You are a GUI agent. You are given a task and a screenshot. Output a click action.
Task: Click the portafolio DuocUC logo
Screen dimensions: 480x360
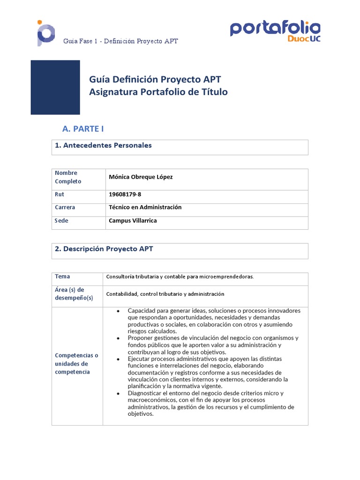point(275,31)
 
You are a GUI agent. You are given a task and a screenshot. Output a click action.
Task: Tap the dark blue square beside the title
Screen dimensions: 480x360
point(55,87)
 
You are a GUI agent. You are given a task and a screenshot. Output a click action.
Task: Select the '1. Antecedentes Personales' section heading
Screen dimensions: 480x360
point(103,145)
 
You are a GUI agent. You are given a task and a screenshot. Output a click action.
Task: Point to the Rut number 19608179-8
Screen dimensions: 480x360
point(125,195)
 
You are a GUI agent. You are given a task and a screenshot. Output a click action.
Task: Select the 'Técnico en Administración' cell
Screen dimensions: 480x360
point(145,207)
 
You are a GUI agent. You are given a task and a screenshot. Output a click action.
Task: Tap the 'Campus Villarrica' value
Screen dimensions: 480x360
point(133,221)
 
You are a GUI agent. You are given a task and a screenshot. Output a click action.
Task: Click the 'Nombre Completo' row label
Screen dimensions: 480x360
point(68,177)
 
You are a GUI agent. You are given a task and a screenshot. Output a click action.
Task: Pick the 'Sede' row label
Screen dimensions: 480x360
point(61,221)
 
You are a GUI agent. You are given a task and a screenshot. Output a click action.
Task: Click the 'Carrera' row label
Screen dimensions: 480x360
point(65,207)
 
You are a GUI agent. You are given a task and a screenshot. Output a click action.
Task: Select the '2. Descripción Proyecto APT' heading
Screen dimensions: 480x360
point(104,249)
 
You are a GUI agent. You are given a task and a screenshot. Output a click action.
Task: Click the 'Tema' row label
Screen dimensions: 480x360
point(62,277)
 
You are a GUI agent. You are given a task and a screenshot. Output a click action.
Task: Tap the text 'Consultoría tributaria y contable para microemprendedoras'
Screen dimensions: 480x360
point(180,277)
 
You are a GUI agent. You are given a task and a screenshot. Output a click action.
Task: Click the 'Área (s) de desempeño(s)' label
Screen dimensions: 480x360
point(74,294)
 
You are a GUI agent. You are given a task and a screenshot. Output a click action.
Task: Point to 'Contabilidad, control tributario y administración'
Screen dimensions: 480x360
point(165,294)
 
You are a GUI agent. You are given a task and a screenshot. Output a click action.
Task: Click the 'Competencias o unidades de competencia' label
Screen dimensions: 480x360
point(76,364)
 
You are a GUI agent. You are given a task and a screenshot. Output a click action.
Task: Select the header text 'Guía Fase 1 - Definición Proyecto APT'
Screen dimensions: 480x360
point(120,41)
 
